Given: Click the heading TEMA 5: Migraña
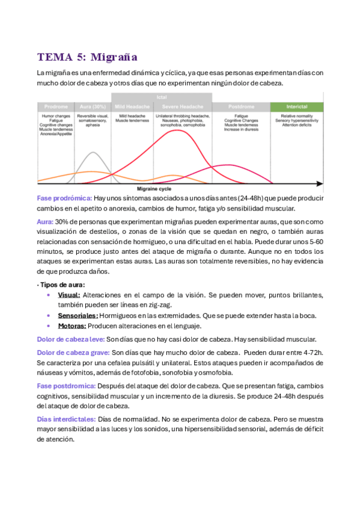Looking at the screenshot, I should (x=87, y=57).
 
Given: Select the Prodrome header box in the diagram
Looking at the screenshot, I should (x=55, y=106).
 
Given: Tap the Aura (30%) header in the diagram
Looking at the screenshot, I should (x=92, y=106).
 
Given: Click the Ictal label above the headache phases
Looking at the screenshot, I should (x=162, y=97).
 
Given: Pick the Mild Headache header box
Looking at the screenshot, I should (x=132, y=106).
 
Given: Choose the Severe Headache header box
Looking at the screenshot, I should (x=182, y=106).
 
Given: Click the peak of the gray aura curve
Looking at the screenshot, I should (x=92, y=152).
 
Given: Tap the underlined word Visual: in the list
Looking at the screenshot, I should (x=69, y=295).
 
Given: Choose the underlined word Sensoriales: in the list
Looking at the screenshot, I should (x=78, y=316).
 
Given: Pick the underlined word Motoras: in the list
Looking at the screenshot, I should (x=72, y=326).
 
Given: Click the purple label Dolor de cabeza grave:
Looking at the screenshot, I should (x=73, y=352).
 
